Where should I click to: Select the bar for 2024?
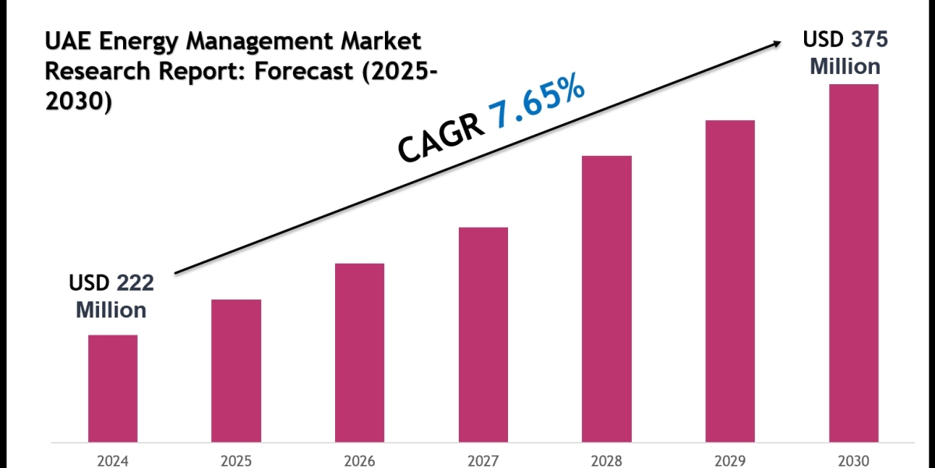point(112,388)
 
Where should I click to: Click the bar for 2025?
point(236,370)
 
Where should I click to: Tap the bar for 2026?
point(359,352)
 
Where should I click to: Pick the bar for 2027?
point(483,334)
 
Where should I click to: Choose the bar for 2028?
point(606,298)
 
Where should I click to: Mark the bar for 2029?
point(730,280)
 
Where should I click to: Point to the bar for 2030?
point(853,262)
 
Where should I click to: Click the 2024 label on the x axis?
point(112,459)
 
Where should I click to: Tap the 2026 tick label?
point(359,459)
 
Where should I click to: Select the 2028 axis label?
point(606,459)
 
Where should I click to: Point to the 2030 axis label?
point(853,459)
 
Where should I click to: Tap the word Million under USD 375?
point(845,66)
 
